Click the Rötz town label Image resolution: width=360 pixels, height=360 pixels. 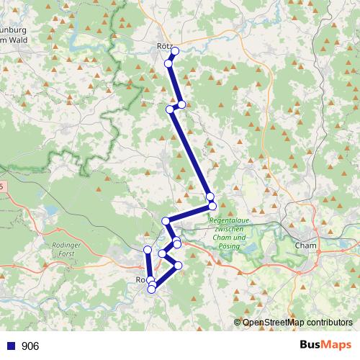pyautogui.click(x=163, y=45)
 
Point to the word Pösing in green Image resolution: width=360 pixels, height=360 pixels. pyautogui.click(x=229, y=246)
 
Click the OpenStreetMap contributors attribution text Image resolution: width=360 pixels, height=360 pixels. pyautogui.click(x=297, y=323)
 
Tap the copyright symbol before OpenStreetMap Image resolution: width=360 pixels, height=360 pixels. pyautogui.click(x=238, y=323)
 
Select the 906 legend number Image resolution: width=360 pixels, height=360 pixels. pyautogui.click(x=30, y=346)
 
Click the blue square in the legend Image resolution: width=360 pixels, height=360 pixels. pyautogui.click(x=12, y=346)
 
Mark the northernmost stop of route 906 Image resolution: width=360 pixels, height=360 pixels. pyautogui.click(x=175, y=50)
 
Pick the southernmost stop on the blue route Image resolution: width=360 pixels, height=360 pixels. pyautogui.click(x=152, y=289)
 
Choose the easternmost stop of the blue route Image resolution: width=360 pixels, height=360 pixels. pyautogui.click(x=212, y=207)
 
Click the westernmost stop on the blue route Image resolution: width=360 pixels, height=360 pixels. pyautogui.click(x=148, y=250)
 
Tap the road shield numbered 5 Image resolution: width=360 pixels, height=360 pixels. pyautogui.click(x=2, y=186)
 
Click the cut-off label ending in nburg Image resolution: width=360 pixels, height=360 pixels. pyautogui.click(x=14, y=30)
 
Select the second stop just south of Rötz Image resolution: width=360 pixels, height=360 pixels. pyautogui.click(x=168, y=64)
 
